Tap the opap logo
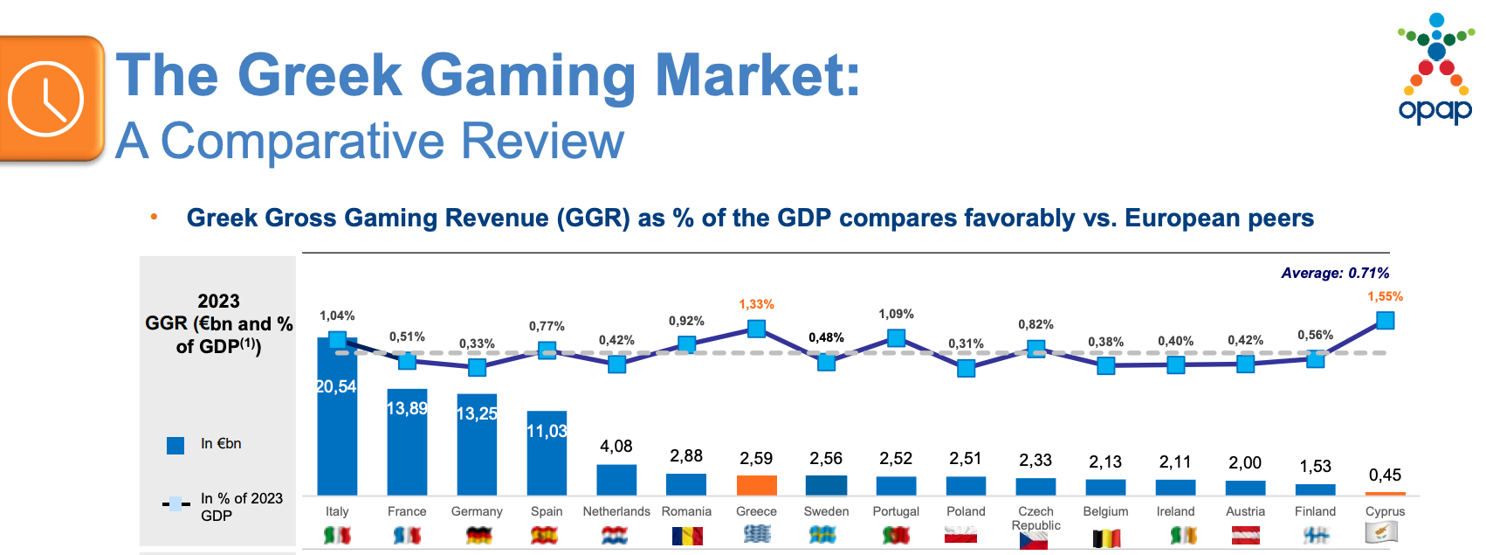click(x=1436, y=70)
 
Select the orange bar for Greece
click(x=756, y=485)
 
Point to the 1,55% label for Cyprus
click(x=1385, y=297)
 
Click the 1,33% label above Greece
click(x=756, y=305)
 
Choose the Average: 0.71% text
click(x=1335, y=274)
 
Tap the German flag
click(x=478, y=535)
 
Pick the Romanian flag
click(x=687, y=535)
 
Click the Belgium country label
click(x=1105, y=511)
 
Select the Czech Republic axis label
click(x=1035, y=518)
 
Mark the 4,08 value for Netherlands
click(x=616, y=447)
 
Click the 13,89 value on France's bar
click(x=407, y=408)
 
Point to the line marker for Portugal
click(x=896, y=338)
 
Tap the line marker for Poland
click(x=966, y=368)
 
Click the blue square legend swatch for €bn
click(x=175, y=446)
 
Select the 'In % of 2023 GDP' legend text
click(x=241, y=507)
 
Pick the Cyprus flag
click(x=1381, y=532)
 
